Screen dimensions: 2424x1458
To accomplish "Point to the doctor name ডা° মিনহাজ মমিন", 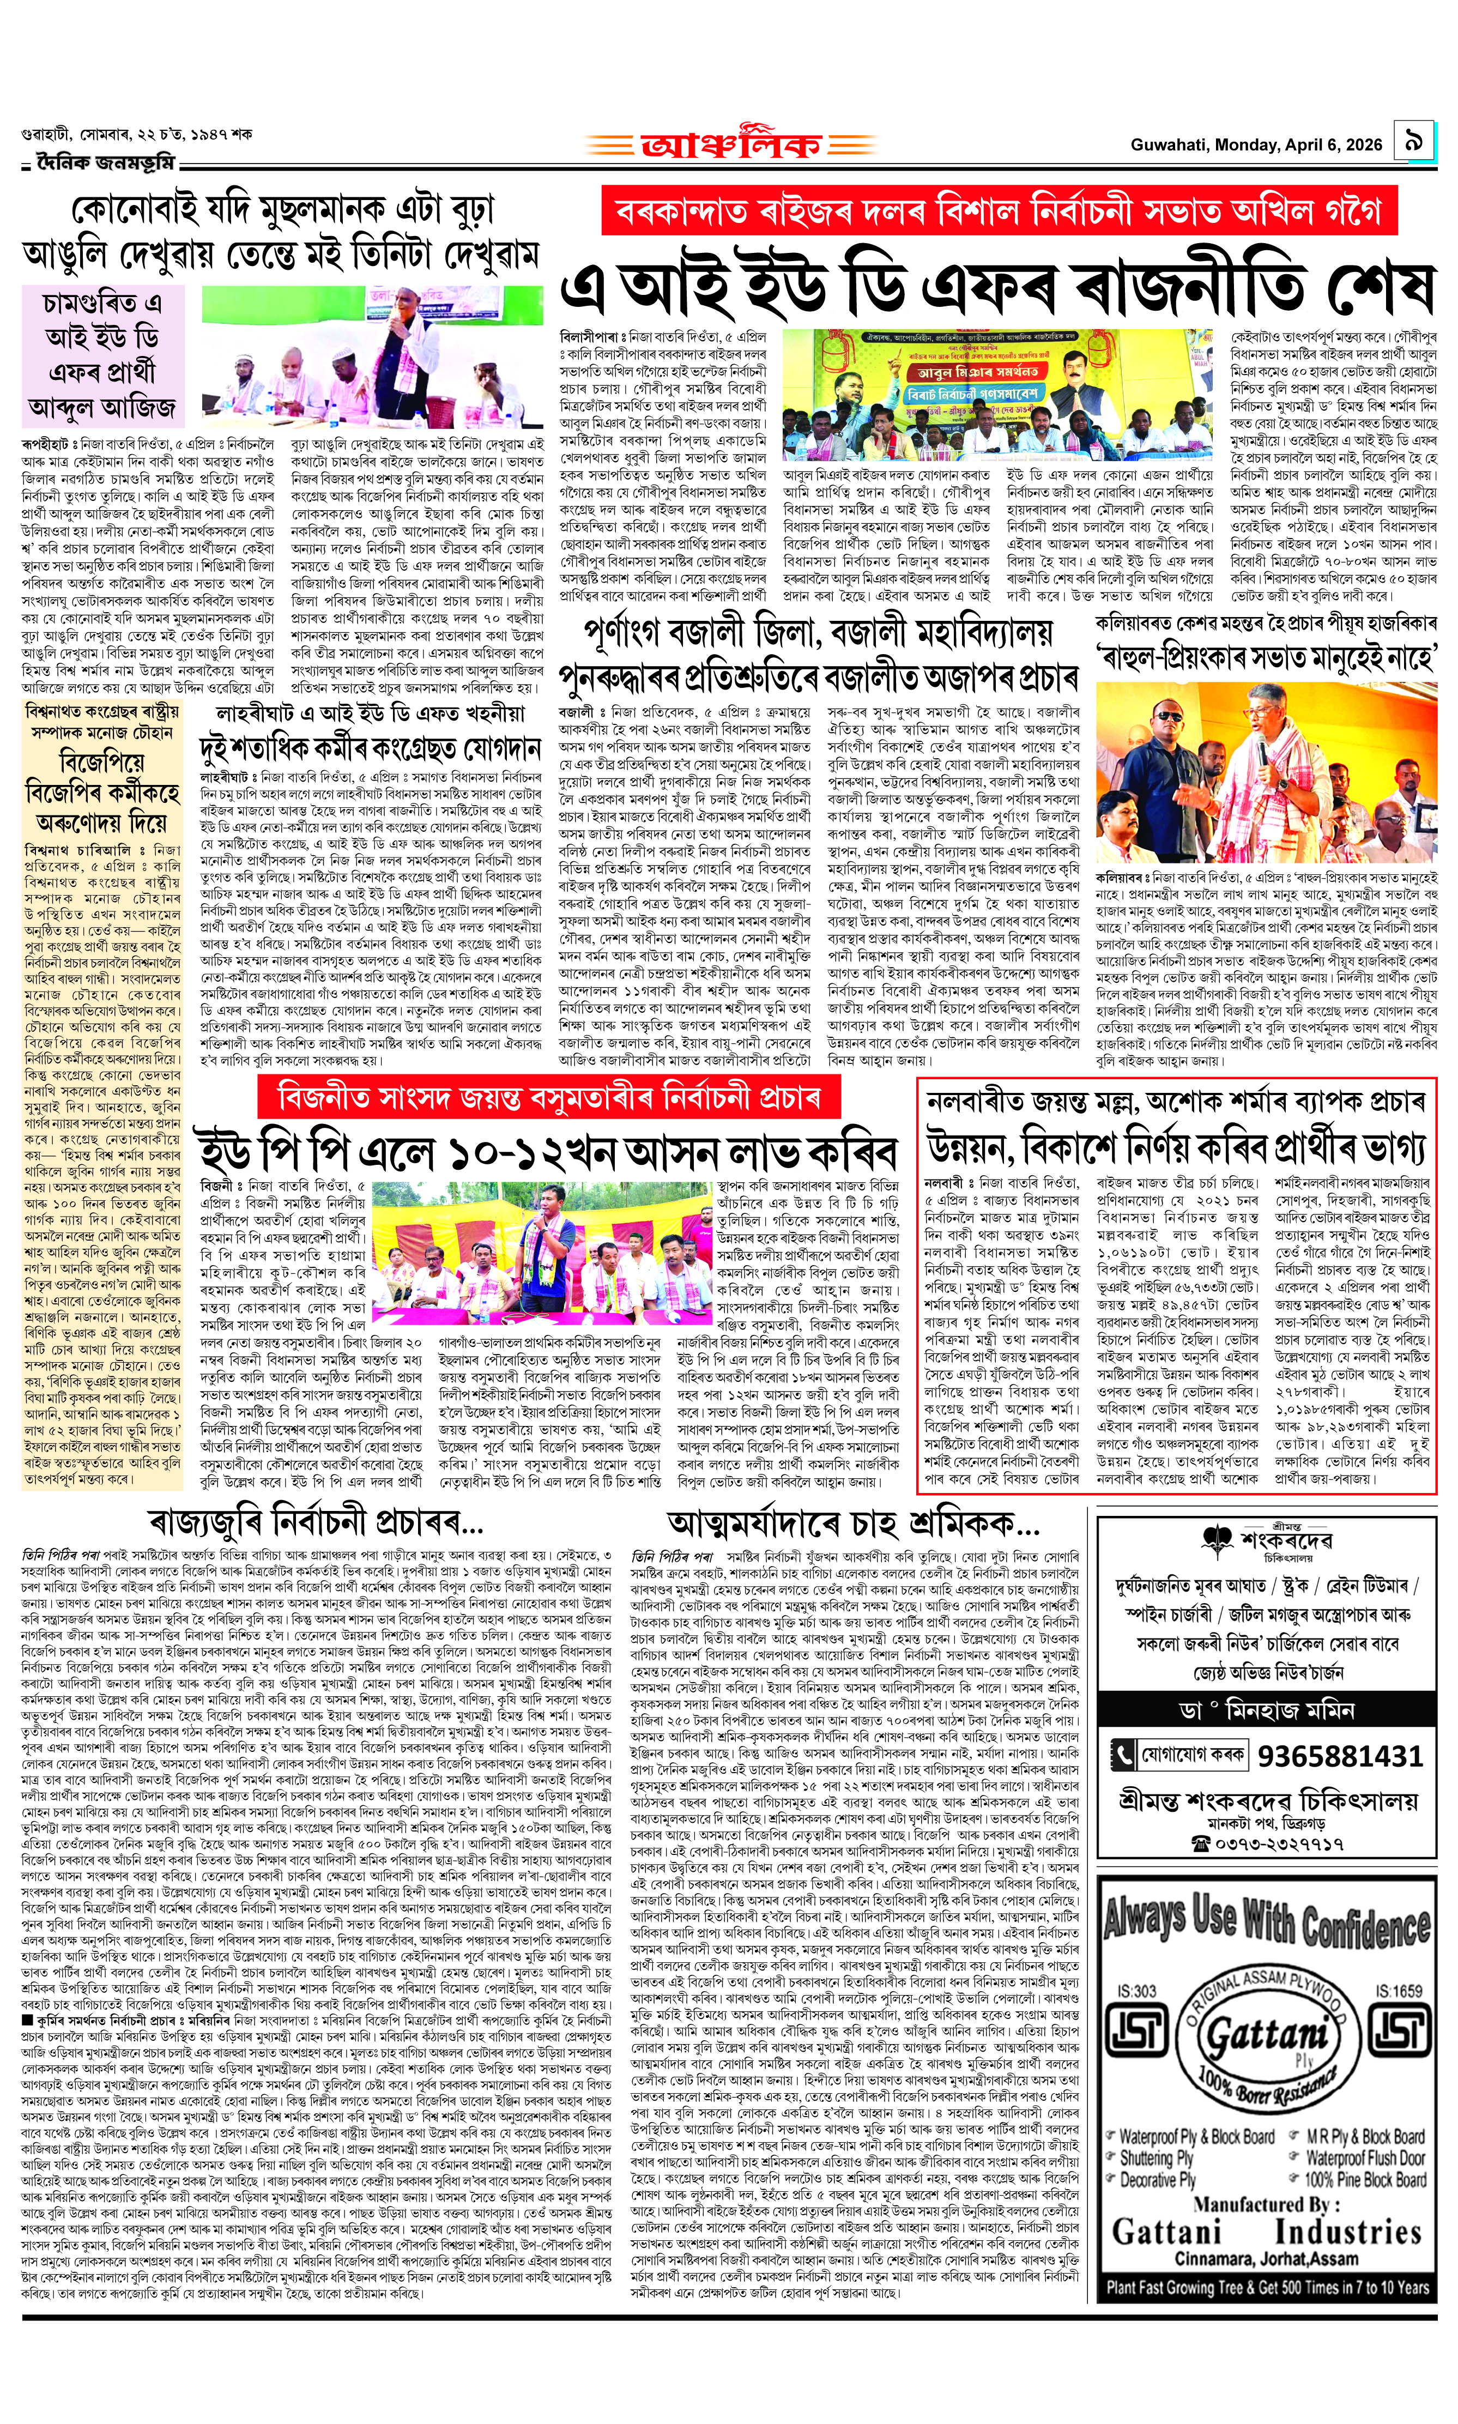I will pos(1267,1710).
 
